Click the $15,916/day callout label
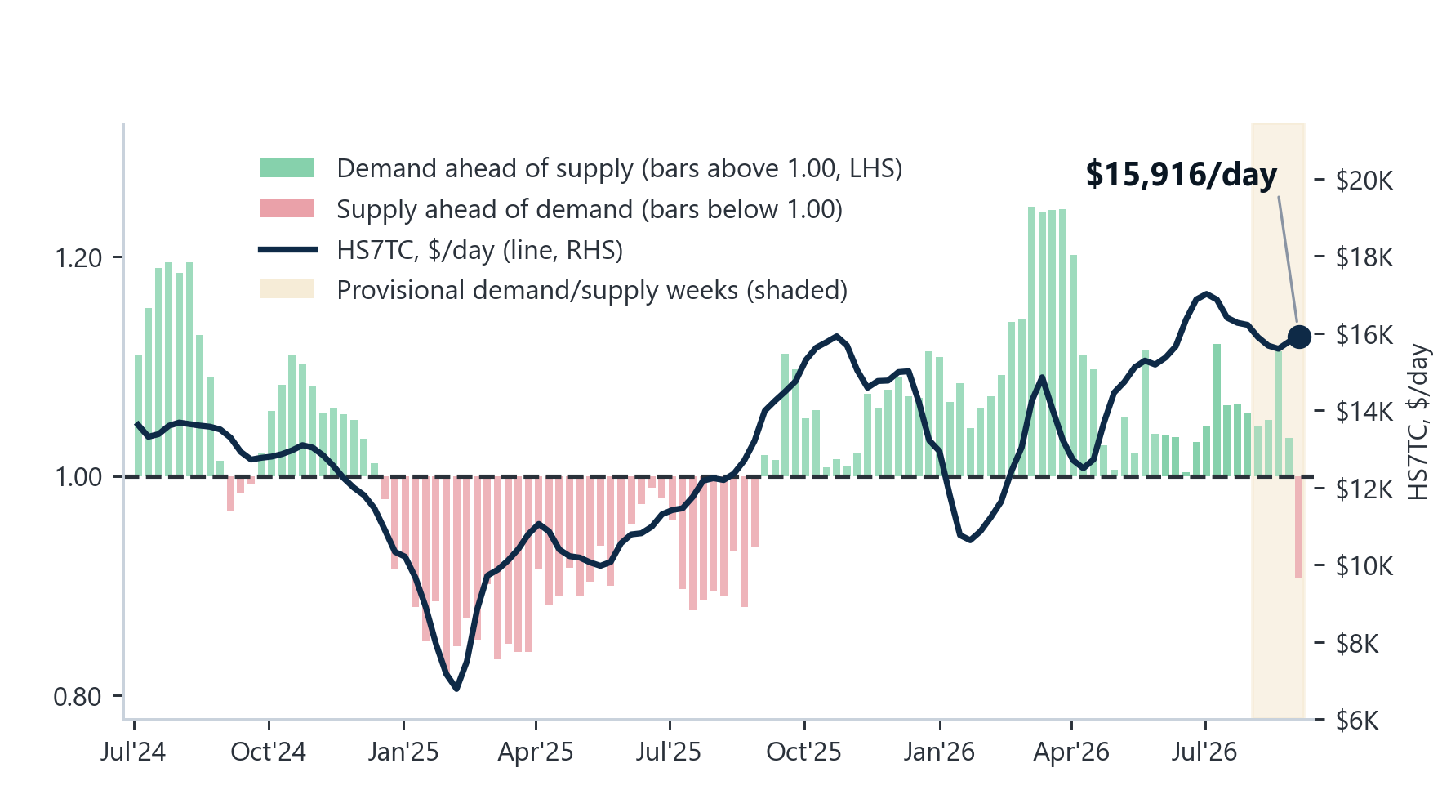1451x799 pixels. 1181,175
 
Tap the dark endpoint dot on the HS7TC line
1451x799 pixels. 1298,336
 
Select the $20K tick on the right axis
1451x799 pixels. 1364,180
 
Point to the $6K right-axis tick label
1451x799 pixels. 1357,721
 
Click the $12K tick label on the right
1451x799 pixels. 1364,489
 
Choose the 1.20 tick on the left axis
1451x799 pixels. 78,258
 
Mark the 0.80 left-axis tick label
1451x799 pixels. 78,697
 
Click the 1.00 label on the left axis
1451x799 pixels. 78,477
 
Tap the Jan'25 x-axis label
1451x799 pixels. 403,752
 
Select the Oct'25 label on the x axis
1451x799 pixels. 803,752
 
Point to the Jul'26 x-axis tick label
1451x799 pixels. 1204,752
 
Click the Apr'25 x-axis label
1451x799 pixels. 536,752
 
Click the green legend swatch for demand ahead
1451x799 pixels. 287,167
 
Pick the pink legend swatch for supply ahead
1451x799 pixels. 287,208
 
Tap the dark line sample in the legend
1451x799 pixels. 287,249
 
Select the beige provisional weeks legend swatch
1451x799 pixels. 287,289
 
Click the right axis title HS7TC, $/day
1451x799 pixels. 1419,422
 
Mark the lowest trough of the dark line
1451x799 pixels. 456,689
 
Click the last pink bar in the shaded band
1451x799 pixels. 1298,527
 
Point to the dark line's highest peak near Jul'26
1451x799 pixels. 1206,294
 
